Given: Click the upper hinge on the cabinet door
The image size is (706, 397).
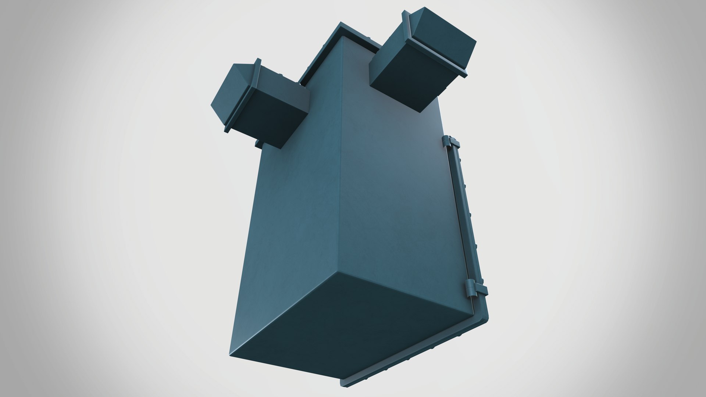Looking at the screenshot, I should click(x=451, y=142).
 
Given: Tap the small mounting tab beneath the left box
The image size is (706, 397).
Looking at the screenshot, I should click(x=258, y=143).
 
